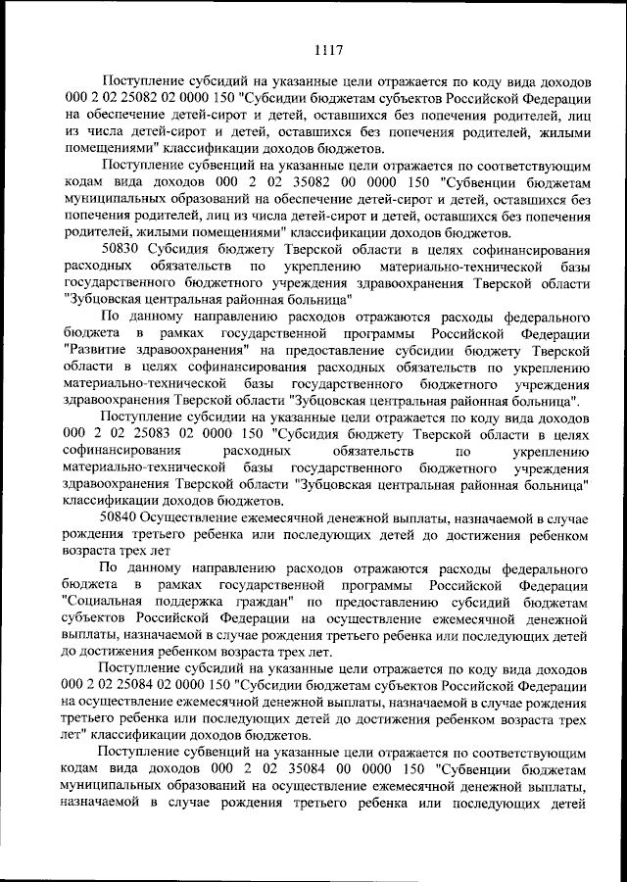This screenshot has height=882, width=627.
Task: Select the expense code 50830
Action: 121,251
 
